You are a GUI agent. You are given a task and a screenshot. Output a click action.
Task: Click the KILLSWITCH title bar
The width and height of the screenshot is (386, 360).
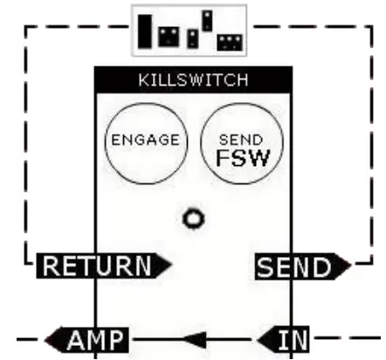pos(193,80)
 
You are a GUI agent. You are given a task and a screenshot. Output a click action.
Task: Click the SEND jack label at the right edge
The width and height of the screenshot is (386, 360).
pos(297,265)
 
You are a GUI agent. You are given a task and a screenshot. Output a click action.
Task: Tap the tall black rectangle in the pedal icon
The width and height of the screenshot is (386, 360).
pos(145,31)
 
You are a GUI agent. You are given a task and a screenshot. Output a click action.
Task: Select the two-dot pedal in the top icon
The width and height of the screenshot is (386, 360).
pos(169,37)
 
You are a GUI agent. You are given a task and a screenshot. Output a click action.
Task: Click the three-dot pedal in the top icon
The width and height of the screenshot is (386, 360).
pos(230,41)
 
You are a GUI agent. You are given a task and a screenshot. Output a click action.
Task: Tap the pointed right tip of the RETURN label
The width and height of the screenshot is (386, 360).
pos(169,265)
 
